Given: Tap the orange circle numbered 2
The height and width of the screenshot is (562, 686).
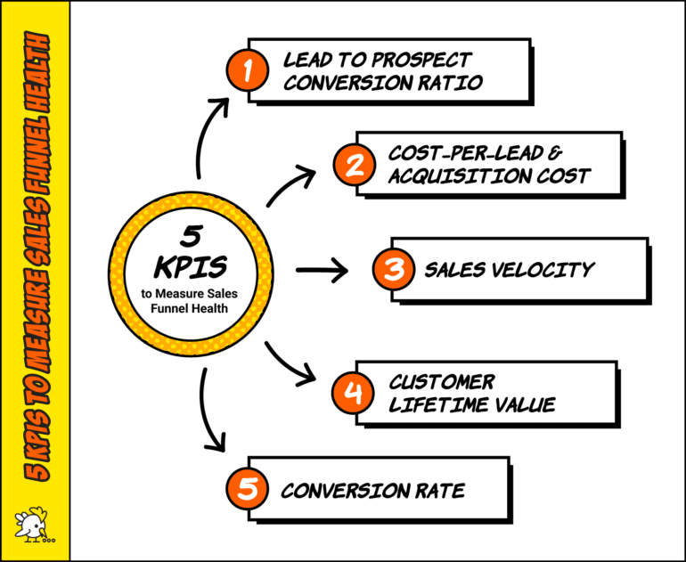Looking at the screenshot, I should (353, 165).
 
